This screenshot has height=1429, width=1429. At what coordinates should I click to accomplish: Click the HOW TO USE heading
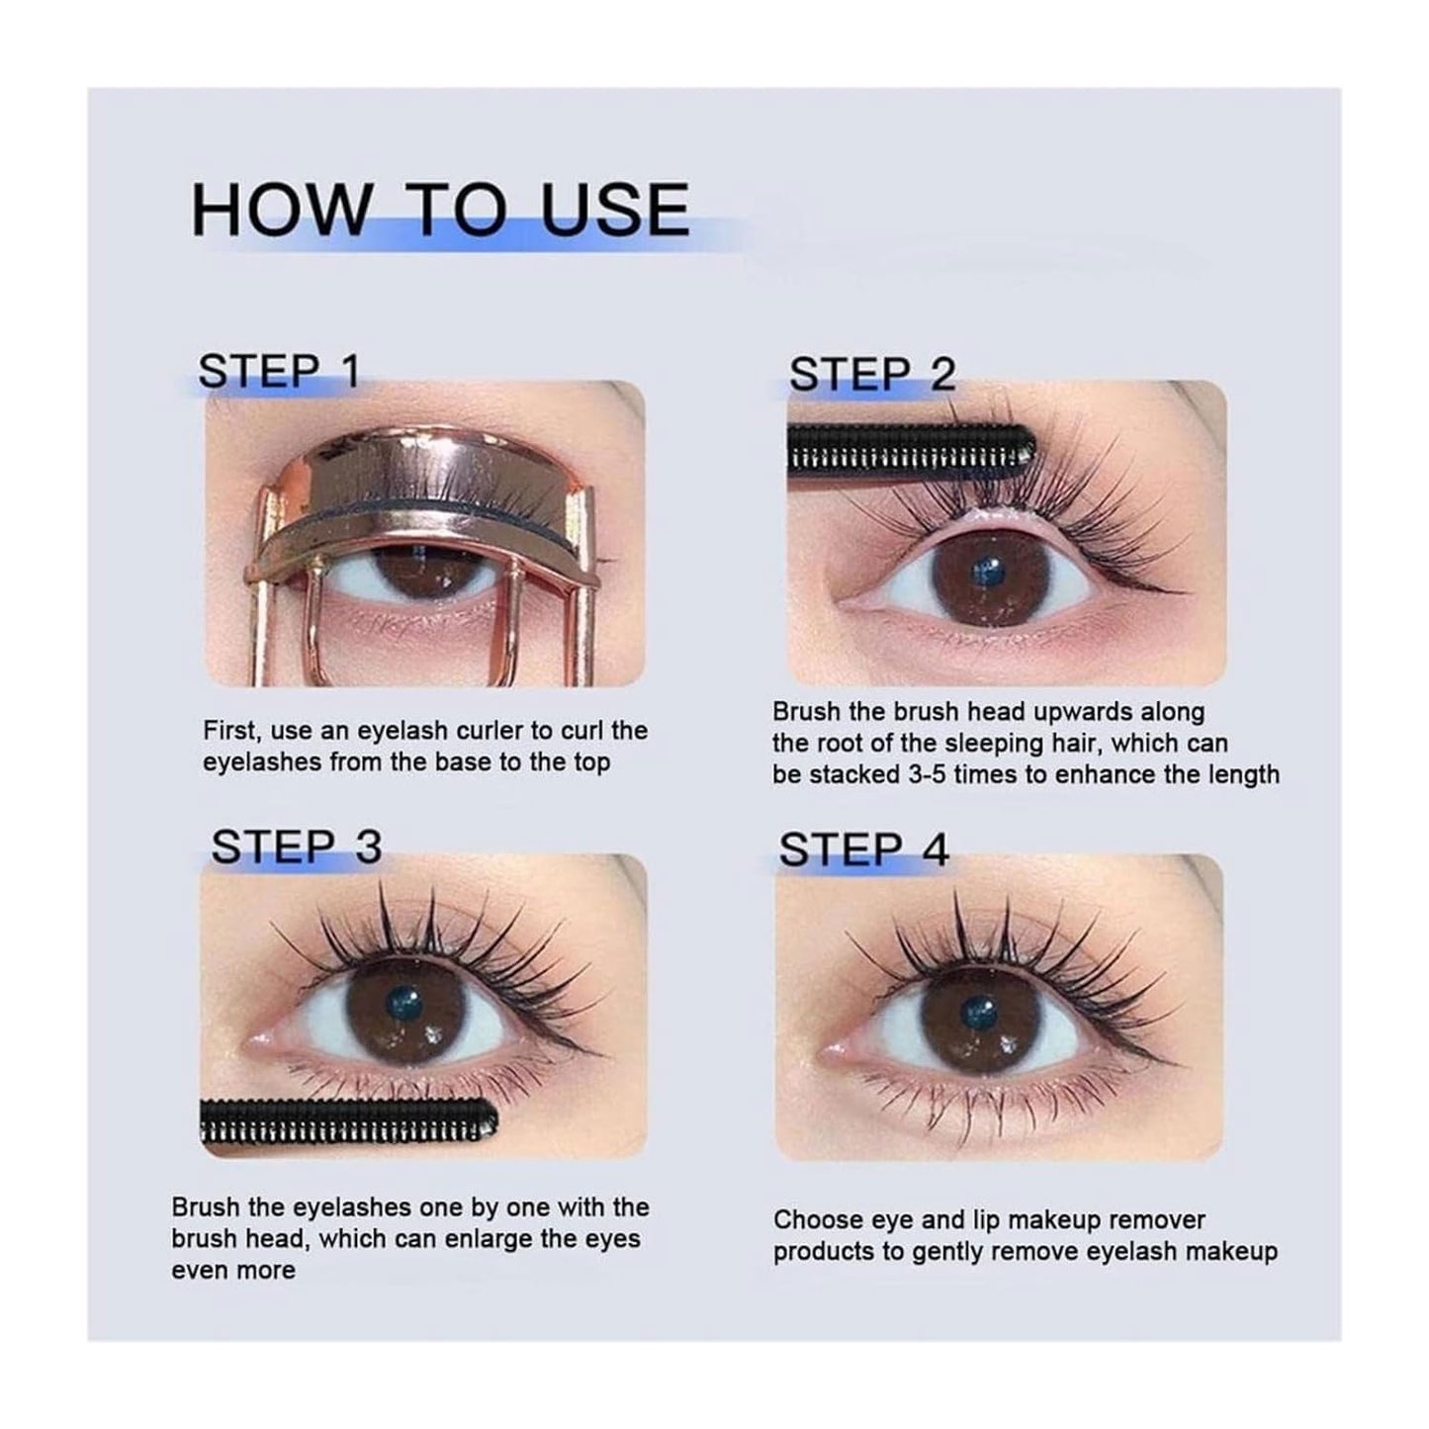click(440, 209)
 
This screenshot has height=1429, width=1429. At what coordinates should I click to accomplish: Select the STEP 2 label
click(872, 375)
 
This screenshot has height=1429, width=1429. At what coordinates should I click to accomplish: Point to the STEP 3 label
click(296, 847)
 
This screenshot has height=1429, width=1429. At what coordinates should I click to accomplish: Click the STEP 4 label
click(863, 849)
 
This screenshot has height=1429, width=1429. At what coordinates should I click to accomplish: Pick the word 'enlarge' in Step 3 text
click(526, 1238)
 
